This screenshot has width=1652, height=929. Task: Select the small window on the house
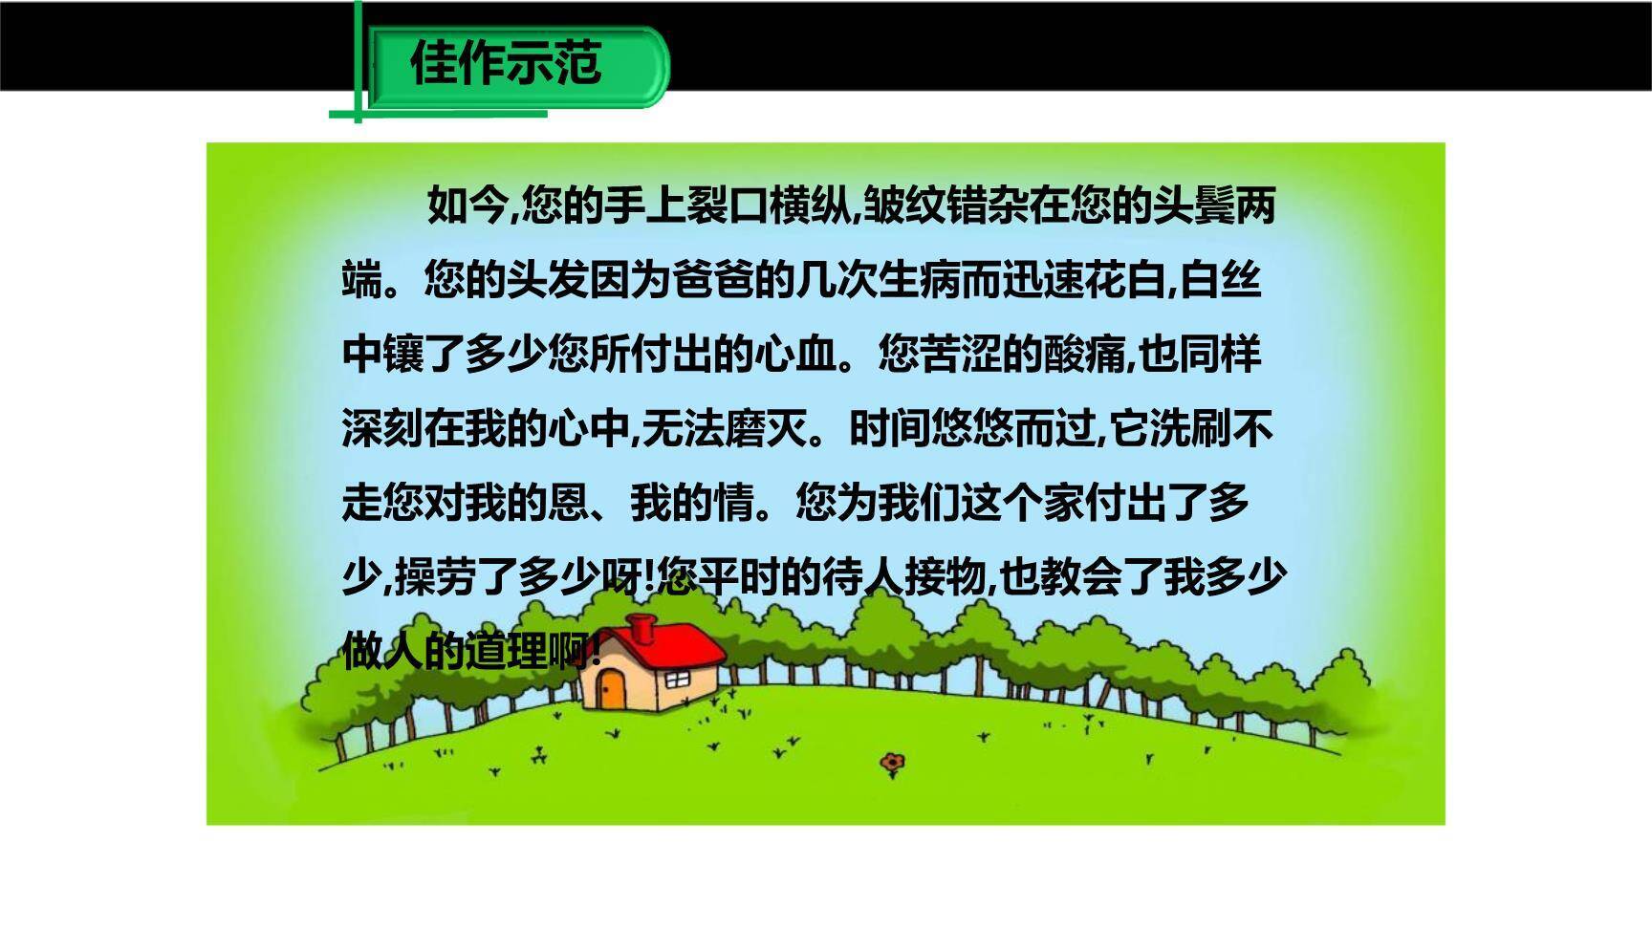[677, 679]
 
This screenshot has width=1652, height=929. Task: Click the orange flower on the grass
[893, 762]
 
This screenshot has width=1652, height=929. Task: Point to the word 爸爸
[711, 280]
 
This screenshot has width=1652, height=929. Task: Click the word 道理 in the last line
[506, 653]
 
